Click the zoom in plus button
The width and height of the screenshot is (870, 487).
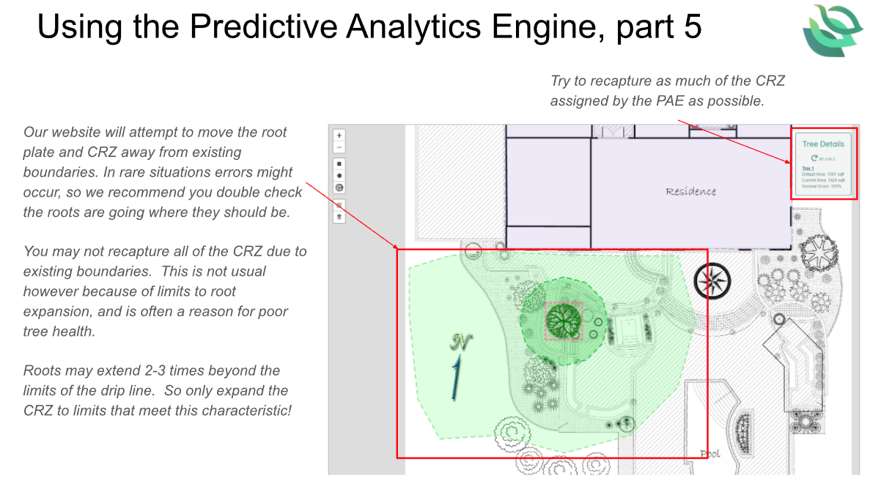pyautogui.click(x=339, y=135)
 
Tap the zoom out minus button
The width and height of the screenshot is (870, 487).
pyautogui.click(x=339, y=147)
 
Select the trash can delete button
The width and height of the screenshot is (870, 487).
pyautogui.click(x=339, y=216)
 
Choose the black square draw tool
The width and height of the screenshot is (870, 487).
pyautogui.click(x=339, y=164)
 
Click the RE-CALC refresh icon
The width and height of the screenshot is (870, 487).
pyautogui.click(x=814, y=158)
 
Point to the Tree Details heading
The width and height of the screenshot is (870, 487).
pyautogui.click(x=823, y=144)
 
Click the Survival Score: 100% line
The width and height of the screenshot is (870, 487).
pyautogui.click(x=820, y=186)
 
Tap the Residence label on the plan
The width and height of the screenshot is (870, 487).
pyautogui.click(x=690, y=191)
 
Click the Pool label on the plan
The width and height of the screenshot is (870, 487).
pyautogui.click(x=709, y=454)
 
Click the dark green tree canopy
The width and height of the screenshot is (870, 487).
pyautogui.click(x=562, y=321)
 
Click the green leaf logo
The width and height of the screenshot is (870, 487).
pyautogui.click(x=832, y=30)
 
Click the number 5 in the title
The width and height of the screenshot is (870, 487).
pyautogui.click(x=692, y=27)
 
